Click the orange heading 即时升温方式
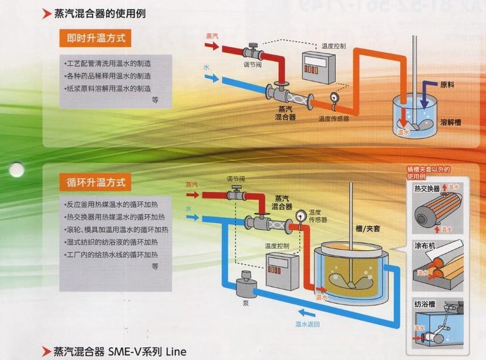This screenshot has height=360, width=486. [x=96, y=39]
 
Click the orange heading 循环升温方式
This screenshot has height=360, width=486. [x=96, y=182]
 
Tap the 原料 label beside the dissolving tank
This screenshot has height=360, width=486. [x=447, y=85]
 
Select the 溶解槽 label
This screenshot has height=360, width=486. [x=450, y=122]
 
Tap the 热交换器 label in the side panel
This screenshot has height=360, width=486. [x=427, y=189]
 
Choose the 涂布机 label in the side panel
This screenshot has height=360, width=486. [x=424, y=245]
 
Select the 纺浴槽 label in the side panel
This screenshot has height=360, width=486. [x=424, y=304]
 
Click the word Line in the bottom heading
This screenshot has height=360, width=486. [x=175, y=351]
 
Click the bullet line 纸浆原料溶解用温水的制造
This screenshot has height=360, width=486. [x=107, y=88]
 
